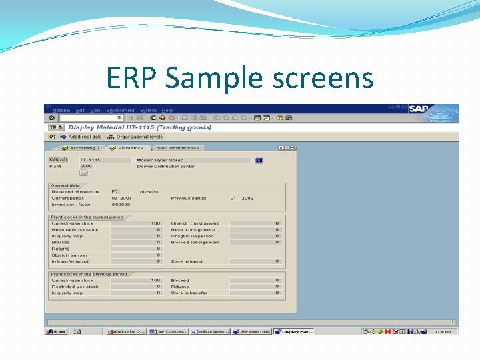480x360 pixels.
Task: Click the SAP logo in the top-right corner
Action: click(x=418, y=109)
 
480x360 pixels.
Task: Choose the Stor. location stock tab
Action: click(x=178, y=148)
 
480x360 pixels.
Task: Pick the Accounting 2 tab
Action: click(x=81, y=148)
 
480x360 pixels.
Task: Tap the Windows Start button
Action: click(x=56, y=331)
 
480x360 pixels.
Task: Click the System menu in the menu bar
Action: click(x=148, y=111)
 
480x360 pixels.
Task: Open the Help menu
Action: click(x=167, y=111)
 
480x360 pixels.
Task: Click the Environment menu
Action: click(x=120, y=111)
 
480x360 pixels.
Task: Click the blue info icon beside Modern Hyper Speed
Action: click(x=259, y=160)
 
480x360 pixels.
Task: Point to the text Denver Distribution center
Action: click(x=166, y=167)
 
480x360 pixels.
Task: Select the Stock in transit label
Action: click(x=187, y=261)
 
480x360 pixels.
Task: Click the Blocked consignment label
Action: click(x=195, y=243)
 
